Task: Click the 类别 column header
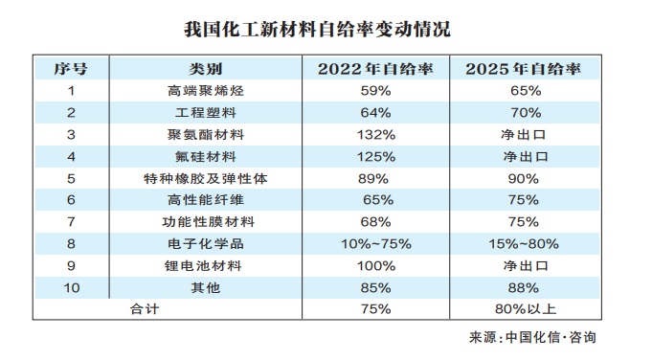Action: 205,69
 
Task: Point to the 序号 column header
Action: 71,69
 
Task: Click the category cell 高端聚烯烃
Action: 205,91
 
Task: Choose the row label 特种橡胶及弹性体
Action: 205,178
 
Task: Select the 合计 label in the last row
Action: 145,308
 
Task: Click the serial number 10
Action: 71,287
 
